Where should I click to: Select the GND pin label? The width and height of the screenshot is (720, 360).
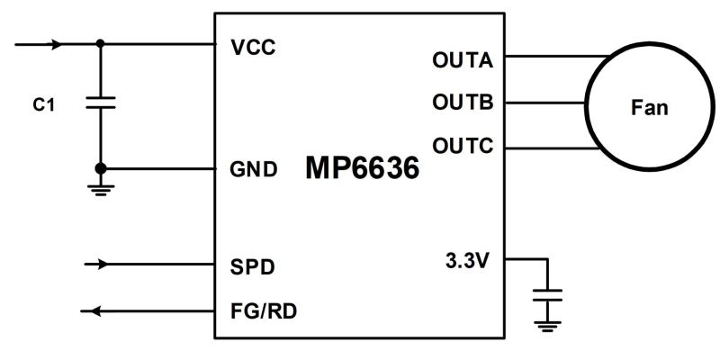[254, 168]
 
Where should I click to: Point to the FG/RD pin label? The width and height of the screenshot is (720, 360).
[265, 312]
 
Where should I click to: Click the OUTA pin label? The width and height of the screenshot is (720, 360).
[463, 60]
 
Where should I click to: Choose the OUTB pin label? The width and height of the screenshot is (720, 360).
[463, 103]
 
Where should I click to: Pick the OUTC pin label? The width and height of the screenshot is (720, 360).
[463, 146]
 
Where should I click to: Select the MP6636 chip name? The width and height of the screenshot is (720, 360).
[363, 168]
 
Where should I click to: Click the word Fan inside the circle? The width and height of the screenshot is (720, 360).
[648, 108]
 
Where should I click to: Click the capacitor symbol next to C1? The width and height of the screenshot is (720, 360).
[100, 105]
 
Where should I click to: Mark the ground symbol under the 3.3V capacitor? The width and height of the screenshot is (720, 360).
[546, 328]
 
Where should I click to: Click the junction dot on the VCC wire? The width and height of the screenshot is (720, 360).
[100, 43]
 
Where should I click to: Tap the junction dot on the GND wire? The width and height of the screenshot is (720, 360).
[100, 168]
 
